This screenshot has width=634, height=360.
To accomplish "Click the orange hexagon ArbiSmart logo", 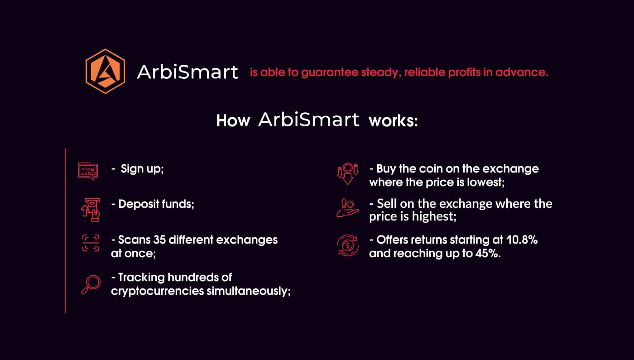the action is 105,72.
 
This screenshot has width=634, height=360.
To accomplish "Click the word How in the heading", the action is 233,121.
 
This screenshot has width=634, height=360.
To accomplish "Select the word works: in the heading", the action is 393,121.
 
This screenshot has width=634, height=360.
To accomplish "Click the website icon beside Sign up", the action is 88,171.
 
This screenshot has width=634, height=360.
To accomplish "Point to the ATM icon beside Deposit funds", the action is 91,209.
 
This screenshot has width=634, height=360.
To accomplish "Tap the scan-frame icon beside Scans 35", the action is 91,243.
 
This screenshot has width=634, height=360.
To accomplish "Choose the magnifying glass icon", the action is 91,284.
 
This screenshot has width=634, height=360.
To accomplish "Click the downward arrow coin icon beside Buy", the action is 348,173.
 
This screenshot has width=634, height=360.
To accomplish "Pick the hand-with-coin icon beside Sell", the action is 348,208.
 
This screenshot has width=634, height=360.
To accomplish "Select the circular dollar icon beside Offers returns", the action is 348,245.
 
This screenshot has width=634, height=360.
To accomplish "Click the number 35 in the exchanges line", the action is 159,240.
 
